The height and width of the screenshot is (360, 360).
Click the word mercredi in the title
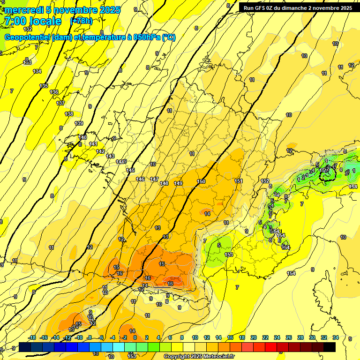(x=23, y=10)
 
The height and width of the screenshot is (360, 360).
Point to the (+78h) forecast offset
(x=81, y=21)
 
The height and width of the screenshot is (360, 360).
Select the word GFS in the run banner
(x=262, y=8)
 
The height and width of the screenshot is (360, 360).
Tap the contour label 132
(x=28, y=42)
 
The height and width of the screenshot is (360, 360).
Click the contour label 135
(x=44, y=86)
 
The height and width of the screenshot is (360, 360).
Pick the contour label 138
(x=69, y=114)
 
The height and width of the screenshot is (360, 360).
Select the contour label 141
(x=93, y=144)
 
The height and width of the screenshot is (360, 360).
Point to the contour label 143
(x=110, y=156)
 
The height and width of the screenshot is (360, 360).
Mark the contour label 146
(x=140, y=179)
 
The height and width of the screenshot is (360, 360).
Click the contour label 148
(x=164, y=183)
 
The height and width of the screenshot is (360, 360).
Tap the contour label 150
(x=201, y=181)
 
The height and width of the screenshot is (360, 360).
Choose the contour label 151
(x=238, y=181)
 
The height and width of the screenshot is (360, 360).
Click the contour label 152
(x=265, y=181)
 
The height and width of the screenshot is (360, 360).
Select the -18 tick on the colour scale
(x=32, y=337)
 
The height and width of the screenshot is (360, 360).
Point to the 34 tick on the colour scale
(x=335, y=337)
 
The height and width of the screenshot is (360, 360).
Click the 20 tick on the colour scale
(x=254, y=337)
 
